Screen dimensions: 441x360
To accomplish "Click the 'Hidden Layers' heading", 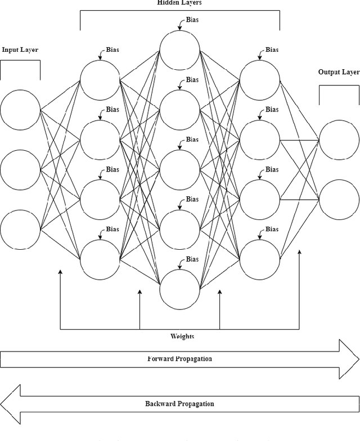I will point(179,3).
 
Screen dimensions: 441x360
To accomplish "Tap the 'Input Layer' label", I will point(20,49).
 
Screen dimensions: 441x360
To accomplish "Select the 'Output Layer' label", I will point(339,72).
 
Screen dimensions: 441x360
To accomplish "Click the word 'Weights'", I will point(182,336).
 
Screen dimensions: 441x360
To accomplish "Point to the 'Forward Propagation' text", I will point(179,359).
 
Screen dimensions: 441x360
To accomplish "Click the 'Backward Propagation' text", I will point(179,404).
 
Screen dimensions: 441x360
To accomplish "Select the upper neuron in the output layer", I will point(339,139).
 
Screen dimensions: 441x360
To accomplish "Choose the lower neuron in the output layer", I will point(339,200).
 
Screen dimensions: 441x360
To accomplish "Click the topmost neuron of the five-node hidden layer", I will point(179,50).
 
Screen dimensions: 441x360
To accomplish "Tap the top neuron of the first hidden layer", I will point(100,80).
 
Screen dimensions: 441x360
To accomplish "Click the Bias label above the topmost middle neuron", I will point(192,20).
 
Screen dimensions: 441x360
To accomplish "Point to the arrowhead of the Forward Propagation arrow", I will point(349,359).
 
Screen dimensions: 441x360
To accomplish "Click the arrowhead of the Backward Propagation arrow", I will point(10,404).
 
